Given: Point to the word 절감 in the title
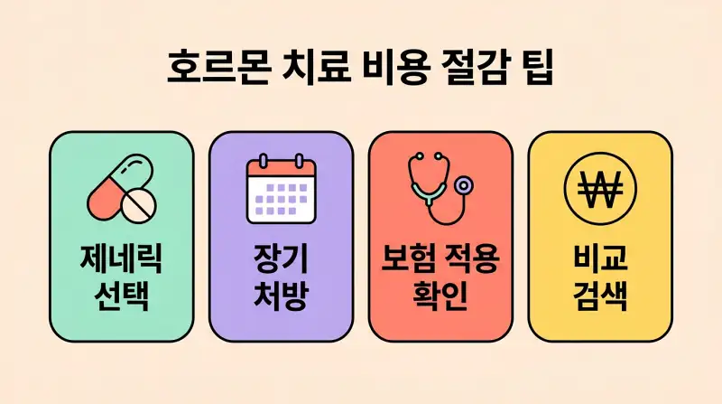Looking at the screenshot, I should pos(476,69).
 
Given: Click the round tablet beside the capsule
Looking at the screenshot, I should pos(138,207).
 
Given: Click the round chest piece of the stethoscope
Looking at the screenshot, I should pos(465,185).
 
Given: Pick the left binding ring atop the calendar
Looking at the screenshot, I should pos(263,160).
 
